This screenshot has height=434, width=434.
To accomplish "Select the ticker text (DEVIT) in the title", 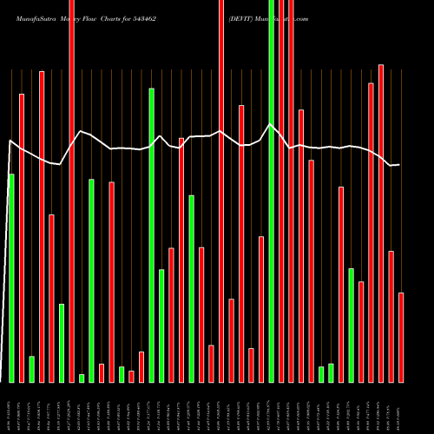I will tap(243, 17).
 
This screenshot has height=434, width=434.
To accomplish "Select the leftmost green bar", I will tap(11, 278).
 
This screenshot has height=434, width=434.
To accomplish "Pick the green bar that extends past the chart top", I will tap(271, 191).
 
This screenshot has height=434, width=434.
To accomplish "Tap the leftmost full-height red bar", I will tap(71, 191).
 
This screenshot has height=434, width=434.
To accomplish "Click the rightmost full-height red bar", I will tap(291, 191).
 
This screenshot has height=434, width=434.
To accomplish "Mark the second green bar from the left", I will tap(31, 369).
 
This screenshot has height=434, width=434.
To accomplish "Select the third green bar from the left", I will tap(62, 343).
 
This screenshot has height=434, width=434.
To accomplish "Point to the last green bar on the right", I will tap(351, 325).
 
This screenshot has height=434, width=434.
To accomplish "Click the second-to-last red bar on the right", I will tap(391, 316).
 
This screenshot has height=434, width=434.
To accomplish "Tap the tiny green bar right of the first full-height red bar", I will tap(82, 378).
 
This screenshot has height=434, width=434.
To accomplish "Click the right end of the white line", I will tap(399, 165).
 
